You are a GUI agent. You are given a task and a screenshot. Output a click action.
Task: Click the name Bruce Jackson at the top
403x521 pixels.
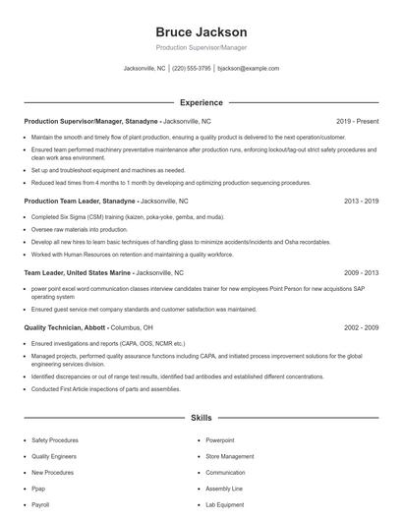[201, 32]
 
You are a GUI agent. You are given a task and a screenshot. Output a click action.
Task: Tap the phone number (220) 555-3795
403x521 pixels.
[192, 69]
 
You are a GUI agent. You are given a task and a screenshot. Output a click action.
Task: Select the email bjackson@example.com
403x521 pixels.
[249, 69]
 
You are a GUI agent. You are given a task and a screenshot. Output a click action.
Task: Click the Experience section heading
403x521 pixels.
[201, 102]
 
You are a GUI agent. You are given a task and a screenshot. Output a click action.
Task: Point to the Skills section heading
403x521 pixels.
[201, 418]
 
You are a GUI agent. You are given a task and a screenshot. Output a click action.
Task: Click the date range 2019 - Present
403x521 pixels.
[357, 121]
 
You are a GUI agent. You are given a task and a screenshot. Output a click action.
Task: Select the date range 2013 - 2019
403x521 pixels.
[361, 201]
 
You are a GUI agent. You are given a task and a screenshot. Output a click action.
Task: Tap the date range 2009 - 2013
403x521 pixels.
[361, 271]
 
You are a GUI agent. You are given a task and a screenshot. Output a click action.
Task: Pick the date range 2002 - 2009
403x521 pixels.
[361, 326]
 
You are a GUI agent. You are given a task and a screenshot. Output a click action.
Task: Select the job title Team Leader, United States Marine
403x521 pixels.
[76, 271]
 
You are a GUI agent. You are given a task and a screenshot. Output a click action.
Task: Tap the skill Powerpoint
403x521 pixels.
[219, 440]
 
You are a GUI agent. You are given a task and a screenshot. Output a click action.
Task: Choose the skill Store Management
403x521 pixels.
[229, 456]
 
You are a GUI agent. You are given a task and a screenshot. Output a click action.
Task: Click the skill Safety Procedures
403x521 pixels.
[55, 440]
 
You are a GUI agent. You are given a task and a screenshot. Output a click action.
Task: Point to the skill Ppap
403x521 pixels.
[39, 489]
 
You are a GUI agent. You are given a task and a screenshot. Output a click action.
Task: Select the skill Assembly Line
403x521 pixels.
[224, 489]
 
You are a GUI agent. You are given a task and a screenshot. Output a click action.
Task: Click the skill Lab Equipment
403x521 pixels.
[225, 504]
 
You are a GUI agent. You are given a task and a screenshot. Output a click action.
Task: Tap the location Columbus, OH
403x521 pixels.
[130, 326]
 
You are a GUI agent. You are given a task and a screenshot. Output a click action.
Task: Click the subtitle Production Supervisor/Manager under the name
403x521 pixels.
[201, 48]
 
